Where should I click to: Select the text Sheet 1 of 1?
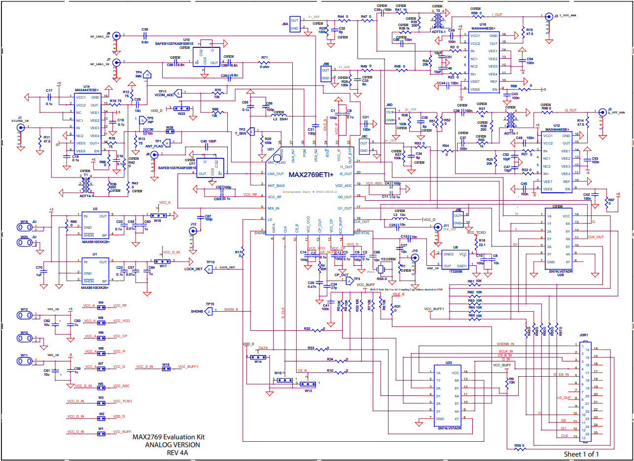click(x=581, y=454)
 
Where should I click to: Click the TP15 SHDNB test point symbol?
click(x=210, y=311)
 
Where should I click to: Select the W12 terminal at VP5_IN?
click(x=24, y=316)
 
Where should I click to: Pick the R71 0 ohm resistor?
click(x=265, y=64)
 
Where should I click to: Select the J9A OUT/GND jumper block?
click(x=295, y=24)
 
